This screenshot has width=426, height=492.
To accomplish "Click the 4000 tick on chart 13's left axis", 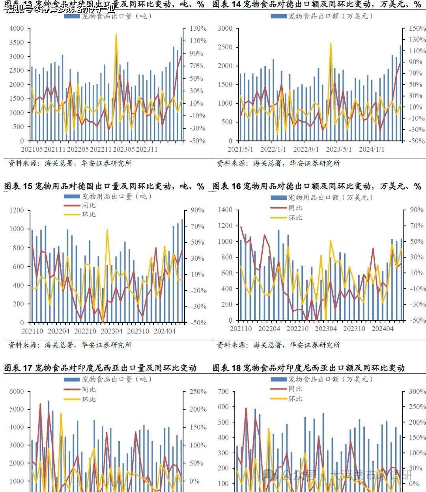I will point(17,28).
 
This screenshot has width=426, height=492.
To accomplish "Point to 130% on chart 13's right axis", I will point(198,28).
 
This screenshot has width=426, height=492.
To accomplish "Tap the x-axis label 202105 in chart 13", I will point(32,150).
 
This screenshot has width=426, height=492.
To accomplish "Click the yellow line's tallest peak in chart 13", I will point(116,35).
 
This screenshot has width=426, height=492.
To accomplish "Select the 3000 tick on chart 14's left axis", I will point(225,28).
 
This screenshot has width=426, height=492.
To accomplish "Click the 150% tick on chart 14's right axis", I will point(417,28).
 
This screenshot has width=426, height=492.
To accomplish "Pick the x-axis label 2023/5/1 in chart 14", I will point(339,150).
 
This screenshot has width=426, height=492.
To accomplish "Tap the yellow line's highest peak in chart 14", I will point(331,43).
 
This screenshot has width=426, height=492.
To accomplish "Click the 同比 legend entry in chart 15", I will point(89,205).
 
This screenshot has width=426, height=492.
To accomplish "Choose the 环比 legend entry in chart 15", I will point(89,214).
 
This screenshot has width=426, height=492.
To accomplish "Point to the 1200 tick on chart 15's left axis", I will point(17,210).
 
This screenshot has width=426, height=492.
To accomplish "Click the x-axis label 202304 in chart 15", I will point(112,331).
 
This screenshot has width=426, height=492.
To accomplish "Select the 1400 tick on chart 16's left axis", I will point(225,210).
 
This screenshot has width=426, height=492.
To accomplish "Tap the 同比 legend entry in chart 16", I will point(295,208).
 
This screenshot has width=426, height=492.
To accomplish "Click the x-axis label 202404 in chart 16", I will point(382,329).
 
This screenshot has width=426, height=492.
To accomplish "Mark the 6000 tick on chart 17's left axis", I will point(17,392).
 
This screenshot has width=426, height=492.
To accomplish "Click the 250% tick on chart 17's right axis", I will point(198,392).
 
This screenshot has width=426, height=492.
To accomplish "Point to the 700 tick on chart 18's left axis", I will point(223,392).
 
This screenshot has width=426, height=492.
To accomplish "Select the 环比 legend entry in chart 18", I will point(295,399).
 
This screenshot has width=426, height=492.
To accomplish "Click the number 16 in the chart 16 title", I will point(236,186).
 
